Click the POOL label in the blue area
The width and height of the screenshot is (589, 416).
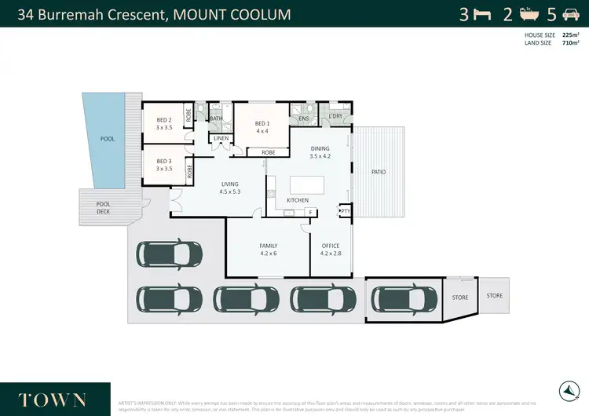click(x=107, y=139)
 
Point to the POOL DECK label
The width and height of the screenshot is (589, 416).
click(x=103, y=207)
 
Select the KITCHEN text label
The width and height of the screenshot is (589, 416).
click(x=286, y=200)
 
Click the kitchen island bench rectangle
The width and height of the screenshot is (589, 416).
click(x=308, y=184)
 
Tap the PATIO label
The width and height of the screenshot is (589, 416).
click(x=379, y=172)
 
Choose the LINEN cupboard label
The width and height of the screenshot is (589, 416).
click(x=220, y=139)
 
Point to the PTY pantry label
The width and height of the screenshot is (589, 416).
click(x=345, y=210)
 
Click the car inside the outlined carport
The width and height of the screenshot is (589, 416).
click(x=404, y=299)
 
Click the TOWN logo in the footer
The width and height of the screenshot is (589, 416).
click(x=53, y=399)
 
